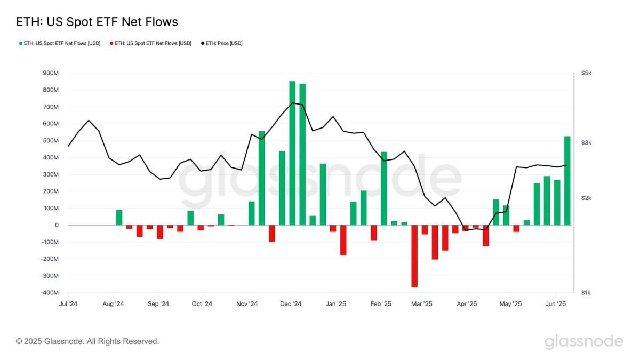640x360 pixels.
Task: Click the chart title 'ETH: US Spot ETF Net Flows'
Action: click(x=97, y=22)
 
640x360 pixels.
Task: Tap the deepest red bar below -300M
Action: click(x=414, y=256)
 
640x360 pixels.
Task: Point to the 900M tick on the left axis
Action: click(x=51, y=73)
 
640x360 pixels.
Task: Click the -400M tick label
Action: click(x=50, y=293)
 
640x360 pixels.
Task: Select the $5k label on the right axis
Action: click(x=586, y=73)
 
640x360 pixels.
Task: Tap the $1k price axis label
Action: click(x=586, y=293)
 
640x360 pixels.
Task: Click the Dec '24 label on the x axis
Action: click(x=291, y=304)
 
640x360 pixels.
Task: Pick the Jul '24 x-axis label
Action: click(x=68, y=304)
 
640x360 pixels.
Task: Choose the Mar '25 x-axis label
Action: click(x=421, y=304)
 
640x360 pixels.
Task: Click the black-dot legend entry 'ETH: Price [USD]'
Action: click(x=221, y=43)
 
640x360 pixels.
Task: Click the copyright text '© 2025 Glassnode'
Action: click(x=87, y=341)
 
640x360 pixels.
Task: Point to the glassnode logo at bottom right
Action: click(x=583, y=341)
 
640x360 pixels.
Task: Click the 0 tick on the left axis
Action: click(x=57, y=225)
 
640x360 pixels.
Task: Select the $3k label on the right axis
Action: click(x=586, y=143)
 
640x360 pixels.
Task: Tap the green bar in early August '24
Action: click(x=119, y=218)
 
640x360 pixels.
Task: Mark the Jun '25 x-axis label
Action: click(x=556, y=304)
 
